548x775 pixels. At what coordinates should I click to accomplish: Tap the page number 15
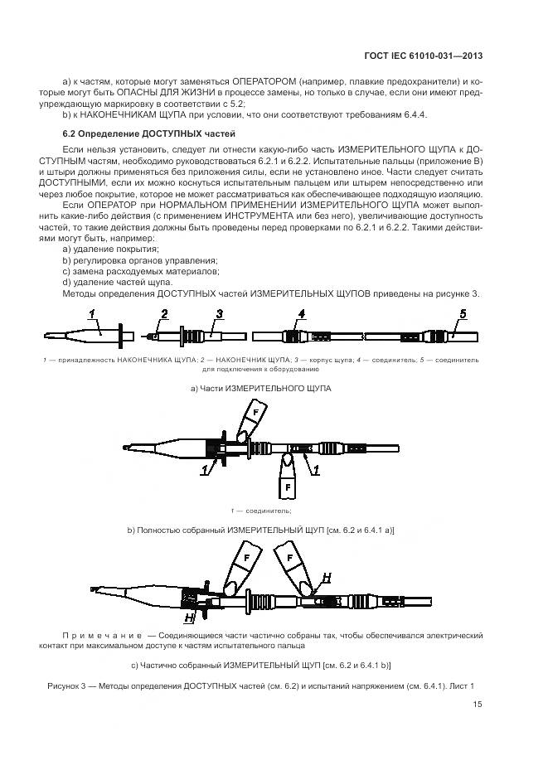[478, 705]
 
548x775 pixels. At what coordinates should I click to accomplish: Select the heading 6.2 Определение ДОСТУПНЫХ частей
[149, 133]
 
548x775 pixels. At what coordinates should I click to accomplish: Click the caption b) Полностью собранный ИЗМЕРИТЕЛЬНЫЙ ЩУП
[260, 530]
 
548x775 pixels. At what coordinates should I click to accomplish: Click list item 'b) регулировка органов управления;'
[129, 259]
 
